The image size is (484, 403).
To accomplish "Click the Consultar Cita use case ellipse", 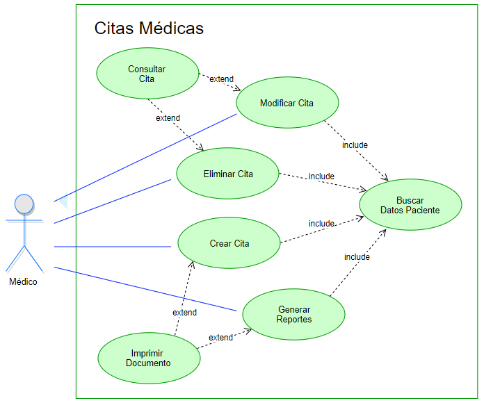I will pyautogui.click(x=147, y=73).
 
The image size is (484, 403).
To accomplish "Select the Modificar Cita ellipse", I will pyautogui.click(x=287, y=103).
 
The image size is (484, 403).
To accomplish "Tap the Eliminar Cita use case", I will pyautogui.click(x=227, y=173).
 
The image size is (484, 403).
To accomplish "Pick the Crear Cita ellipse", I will pyautogui.click(x=229, y=243).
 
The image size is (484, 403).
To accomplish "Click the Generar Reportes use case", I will pyautogui.click(x=293, y=314).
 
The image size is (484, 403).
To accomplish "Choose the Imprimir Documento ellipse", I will pyautogui.click(x=148, y=357).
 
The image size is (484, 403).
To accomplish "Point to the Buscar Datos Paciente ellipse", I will pyautogui.click(x=410, y=205).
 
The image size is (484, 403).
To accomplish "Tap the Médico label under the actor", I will pyautogui.click(x=24, y=281).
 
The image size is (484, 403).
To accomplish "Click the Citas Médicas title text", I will pyautogui.click(x=149, y=28).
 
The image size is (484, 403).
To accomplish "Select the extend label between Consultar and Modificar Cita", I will pyautogui.click(x=221, y=79).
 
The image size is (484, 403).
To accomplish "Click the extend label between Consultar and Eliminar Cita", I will pyautogui.click(x=168, y=118).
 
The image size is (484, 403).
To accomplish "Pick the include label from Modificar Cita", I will pyautogui.click(x=355, y=145).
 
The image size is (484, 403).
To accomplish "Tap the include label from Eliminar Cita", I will pyautogui.click(x=321, y=176).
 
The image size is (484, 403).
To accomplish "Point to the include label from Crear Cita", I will pyautogui.click(x=321, y=224).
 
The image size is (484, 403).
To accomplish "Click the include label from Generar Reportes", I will pyautogui.click(x=357, y=257).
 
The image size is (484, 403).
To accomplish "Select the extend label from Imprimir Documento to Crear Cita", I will pyautogui.click(x=184, y=313).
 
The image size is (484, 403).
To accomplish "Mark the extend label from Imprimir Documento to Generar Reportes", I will pyautogui.click(x=221, y=338).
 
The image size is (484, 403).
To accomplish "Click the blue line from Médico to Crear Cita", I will pyautogui.click(x=111, y=246).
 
